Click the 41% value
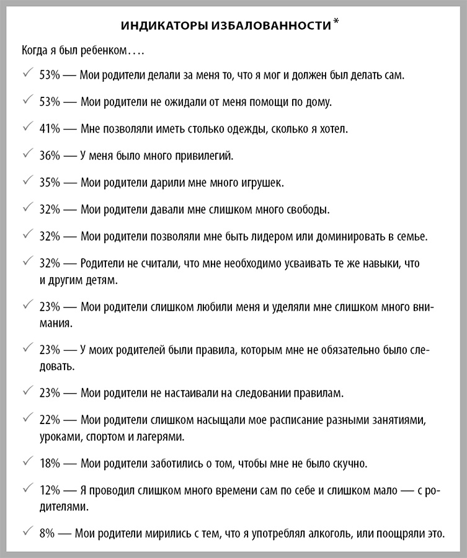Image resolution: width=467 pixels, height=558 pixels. point(50,129)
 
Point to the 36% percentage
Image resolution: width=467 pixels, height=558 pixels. point(50,156)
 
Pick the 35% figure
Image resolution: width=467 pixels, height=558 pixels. point(50,183)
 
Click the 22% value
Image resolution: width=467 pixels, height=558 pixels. point(50,420)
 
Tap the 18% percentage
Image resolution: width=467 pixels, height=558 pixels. point(50,464)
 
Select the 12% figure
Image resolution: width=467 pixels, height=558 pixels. point(50,490)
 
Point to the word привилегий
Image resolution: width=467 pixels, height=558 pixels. point(205,156)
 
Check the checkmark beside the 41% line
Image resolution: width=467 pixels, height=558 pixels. point(27,128)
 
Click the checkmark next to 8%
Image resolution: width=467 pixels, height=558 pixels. point(27,533)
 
